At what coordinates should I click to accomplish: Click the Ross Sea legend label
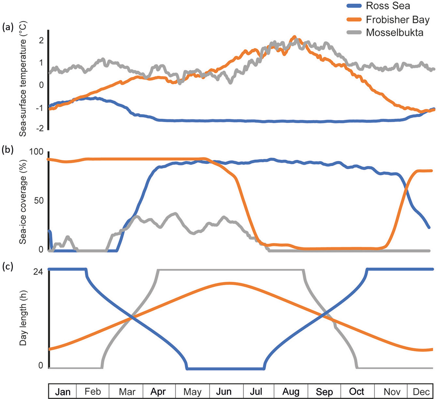(388, 6)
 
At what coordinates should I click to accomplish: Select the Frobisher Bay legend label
(397, 20)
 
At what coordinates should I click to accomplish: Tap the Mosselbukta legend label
(394, 33)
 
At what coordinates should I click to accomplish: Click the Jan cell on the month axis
(63, 392)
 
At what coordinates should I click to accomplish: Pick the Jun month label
(224, 392)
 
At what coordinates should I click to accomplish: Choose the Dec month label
(421, 392)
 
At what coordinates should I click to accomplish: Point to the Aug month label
(291, 392)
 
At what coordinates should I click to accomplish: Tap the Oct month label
(357, 392)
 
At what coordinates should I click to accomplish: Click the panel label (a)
(8, 27)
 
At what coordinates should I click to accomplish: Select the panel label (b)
(8, 150)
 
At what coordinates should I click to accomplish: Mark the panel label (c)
(8, 266)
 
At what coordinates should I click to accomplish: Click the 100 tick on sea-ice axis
(36, 152)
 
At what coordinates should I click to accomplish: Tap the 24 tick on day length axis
(38, 272)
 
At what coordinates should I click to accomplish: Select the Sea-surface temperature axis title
(23, 79)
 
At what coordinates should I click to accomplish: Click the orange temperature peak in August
(295, 37)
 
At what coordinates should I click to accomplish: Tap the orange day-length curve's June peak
(229, 283)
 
